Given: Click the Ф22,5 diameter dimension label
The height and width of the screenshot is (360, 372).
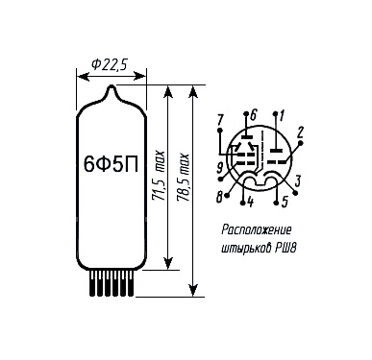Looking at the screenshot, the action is [110, 64].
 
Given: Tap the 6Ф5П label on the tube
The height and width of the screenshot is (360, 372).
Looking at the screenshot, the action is [111, 164].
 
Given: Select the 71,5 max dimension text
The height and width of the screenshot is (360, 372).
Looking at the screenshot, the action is [160, 176].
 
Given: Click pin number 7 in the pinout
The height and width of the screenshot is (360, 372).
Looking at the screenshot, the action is [220, 121].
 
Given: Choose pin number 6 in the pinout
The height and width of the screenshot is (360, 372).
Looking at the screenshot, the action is [253, 114].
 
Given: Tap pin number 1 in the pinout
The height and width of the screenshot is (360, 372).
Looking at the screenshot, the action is [282, 115].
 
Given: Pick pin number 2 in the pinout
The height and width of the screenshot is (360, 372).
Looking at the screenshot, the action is [300, 132].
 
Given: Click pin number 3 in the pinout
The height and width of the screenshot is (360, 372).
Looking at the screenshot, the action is [298, 181].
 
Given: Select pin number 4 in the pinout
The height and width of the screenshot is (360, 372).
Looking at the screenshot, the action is [251, 203].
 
